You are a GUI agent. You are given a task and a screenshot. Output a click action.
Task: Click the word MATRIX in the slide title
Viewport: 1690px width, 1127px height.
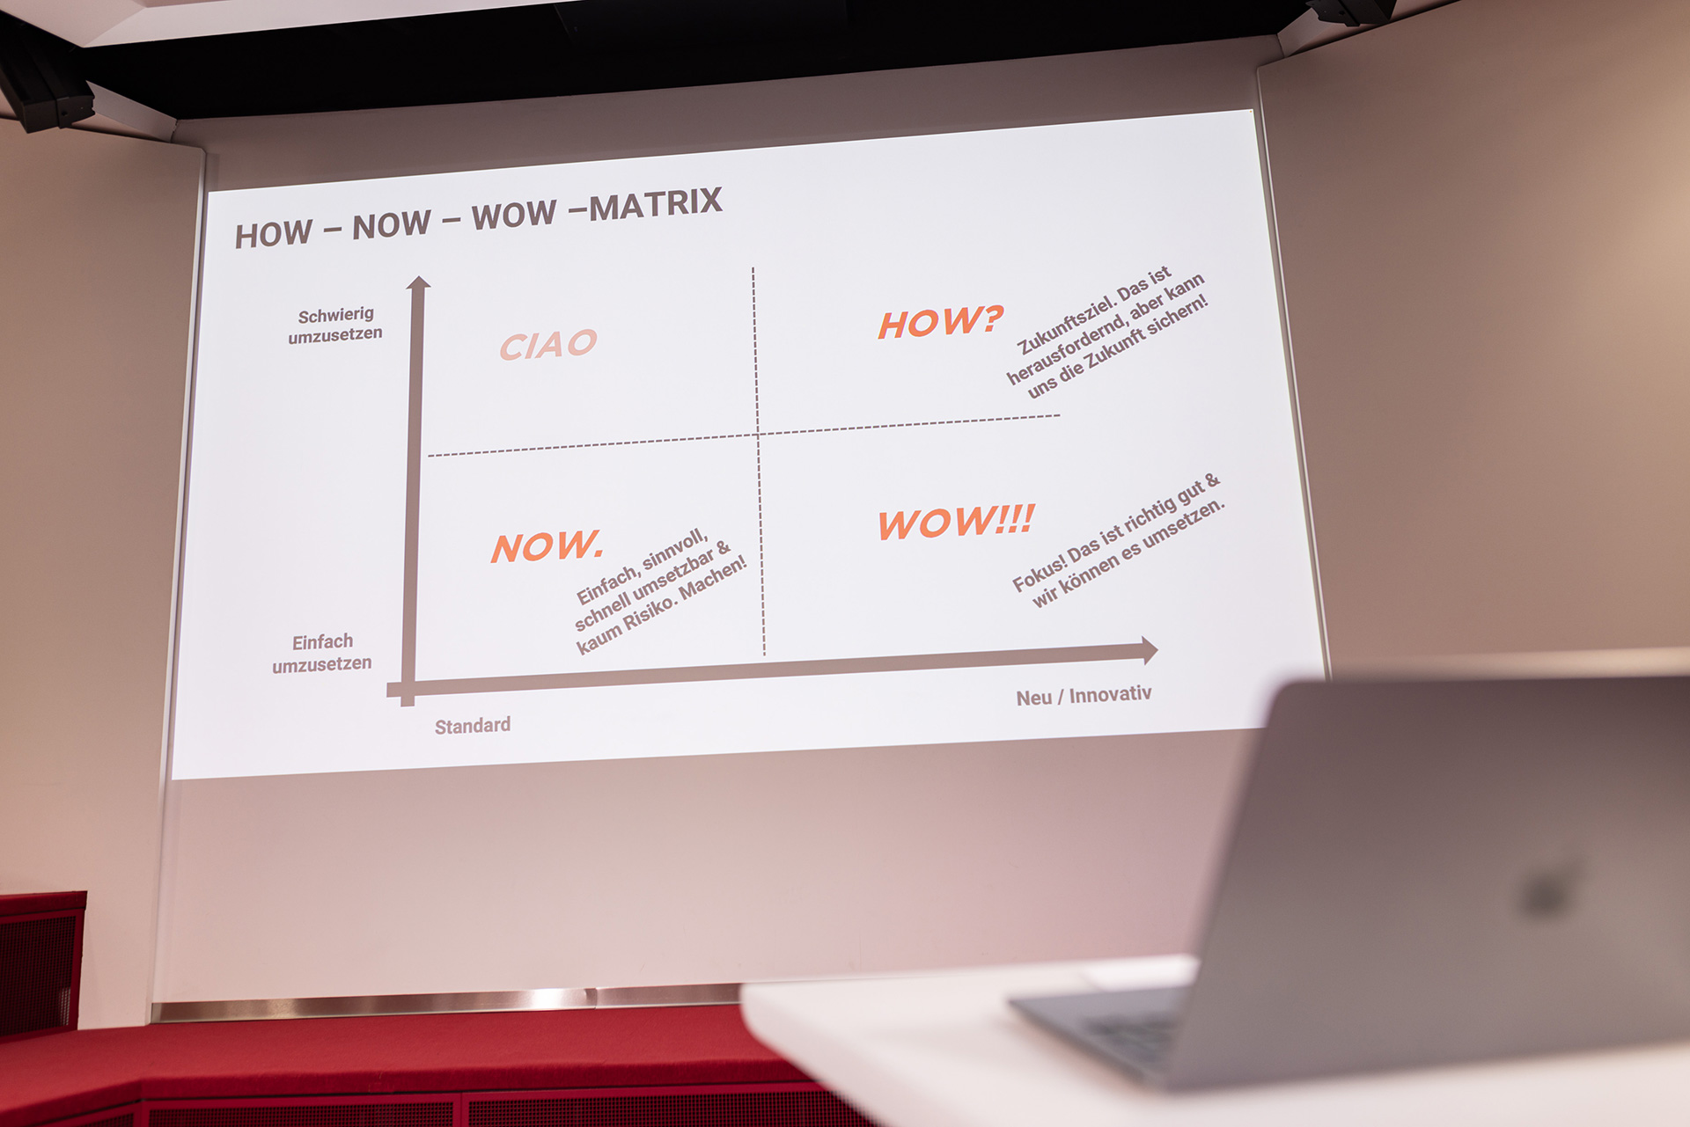click(x=656, y=205)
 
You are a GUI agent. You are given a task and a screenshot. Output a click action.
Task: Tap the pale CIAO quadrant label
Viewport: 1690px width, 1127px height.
click(x=548, y=344)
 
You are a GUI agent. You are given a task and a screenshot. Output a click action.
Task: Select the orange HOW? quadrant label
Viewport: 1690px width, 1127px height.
click(x=941, y=322)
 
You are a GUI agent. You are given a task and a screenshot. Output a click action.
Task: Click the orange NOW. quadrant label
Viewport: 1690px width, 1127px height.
click(x=547, y=546)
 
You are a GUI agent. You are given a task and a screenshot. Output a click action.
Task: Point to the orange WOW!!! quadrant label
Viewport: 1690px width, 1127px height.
click(x=957, y=522)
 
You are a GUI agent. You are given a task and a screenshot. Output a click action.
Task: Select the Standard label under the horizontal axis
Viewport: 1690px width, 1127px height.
click(x=473, y=726)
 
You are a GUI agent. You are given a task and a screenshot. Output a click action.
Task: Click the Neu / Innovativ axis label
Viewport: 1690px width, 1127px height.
click(x=1084, y=696)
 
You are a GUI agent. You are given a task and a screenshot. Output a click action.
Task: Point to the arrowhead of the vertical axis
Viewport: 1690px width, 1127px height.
click(x=418, y=282)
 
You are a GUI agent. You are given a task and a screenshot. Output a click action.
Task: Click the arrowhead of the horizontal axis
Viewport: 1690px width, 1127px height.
click(x=1150, y=650)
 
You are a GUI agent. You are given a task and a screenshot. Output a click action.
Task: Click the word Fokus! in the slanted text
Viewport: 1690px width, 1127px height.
click(x=1039, y=574)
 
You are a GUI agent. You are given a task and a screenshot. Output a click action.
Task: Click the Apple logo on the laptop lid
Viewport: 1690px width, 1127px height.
click(x=1547, y=888)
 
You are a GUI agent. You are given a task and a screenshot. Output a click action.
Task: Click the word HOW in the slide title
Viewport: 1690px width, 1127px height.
click(x=274, y=234)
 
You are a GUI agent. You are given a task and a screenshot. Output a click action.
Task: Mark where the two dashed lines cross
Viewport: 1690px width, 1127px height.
click(x=757, y=434)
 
